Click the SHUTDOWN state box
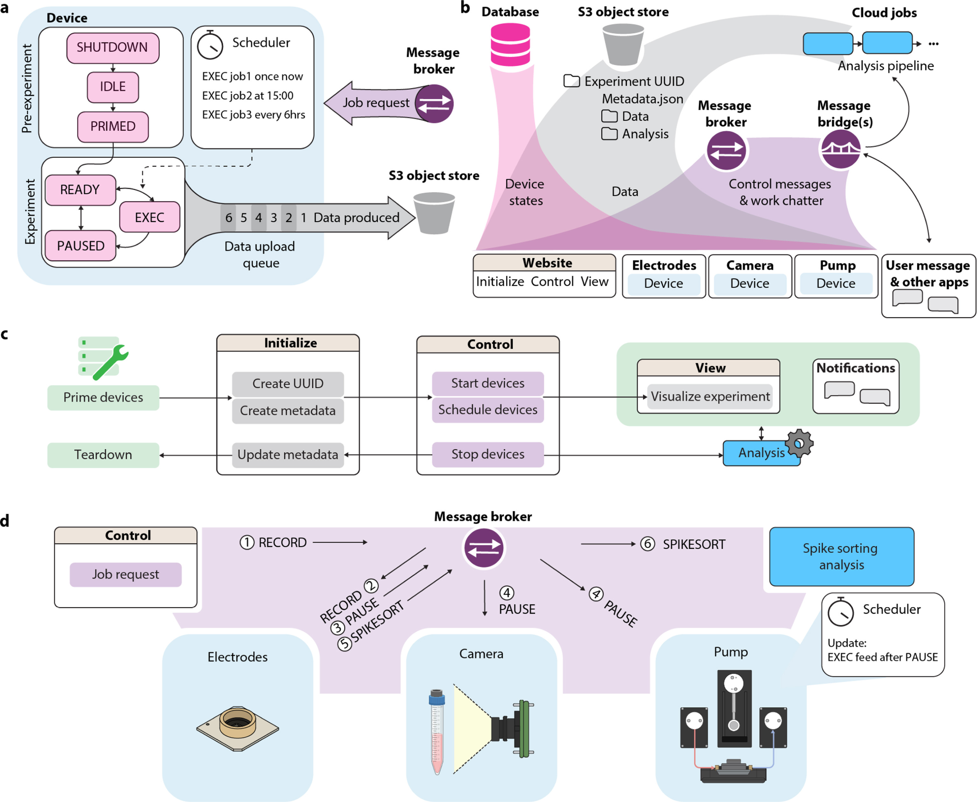click(113, 48)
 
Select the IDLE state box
click(113, 87)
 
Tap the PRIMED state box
click(113, 127)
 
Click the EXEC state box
click(149, 217)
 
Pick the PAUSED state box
click(81, 246)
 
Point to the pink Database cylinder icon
click(510, 45)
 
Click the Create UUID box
click(288, 384)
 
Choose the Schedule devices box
click(488, 410)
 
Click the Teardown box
click(103, 455)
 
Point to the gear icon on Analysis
click(799, 443)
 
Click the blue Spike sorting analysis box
click(841, 557)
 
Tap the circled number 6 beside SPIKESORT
click(648, 544)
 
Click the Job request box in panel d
click(125, 574)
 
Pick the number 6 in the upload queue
click(228, 218)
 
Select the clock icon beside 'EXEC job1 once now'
click(210, 45)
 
